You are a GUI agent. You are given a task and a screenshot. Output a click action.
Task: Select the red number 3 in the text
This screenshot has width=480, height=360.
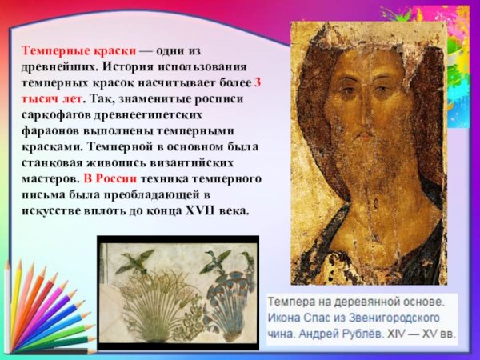click(257, 82)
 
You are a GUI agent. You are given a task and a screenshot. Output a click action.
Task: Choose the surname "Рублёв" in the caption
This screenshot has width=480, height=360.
click(381, 331)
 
